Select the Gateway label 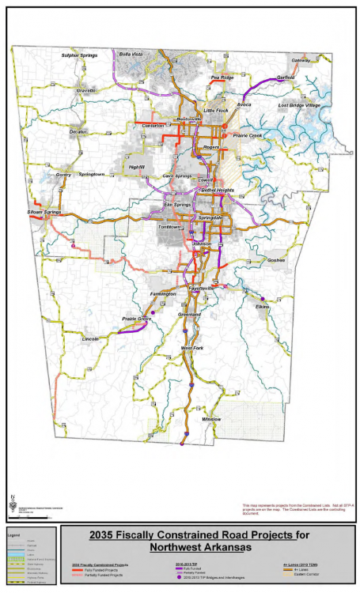pos(301,61)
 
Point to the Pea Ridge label pos(222,77)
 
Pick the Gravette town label pos(86,91)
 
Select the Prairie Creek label pos(252,136)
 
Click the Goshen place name pos(275,259)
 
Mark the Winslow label pos(211,418)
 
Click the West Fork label pos(192,348)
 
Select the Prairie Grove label pos(136,319)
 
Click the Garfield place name pos(286,77)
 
